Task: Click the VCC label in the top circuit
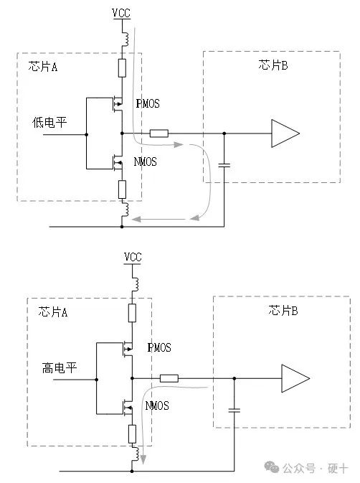pyautogui.click(x=122, y=12)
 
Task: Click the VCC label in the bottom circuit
pyautogui.click(x=133, y=257)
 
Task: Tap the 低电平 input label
pyautogui.click(x=49, y=122)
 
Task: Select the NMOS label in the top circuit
pyautogui.click(x=146, y=162)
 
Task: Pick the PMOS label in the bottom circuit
pyautogui.click(x=158, y=348)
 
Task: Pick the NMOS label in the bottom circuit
pyautogui.click(x=157, y=406)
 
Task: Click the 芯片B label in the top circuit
pyautogui.click(x=273, y=65)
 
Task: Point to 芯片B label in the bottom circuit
pyautogui.click(x=283, y=310)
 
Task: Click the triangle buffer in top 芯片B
pyautogui.click(x=284, y=133)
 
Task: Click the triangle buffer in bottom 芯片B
pyautogui.click(x=295, y=378)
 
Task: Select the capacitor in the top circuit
pyautogui.click(x=224, y=165)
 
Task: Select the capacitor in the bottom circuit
pyautogui.click(x=235, y=411)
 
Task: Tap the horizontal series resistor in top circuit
pyautogui.click(x=159, y=133)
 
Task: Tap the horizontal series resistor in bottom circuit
pyautogui.click(x=169, y=378)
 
